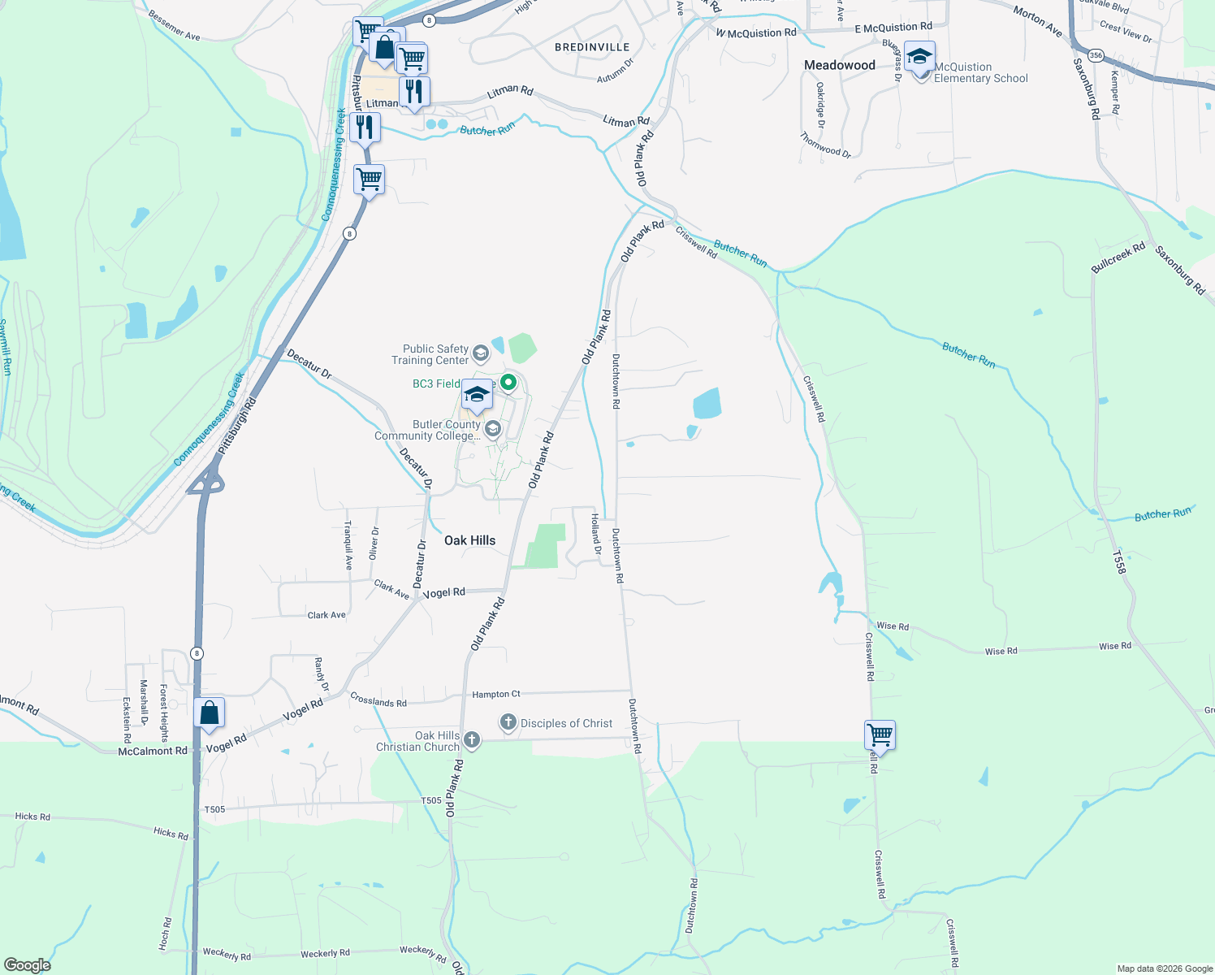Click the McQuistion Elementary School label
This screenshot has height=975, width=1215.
(x=980, y=73)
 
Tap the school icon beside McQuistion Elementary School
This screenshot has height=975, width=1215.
(x=919, y=58)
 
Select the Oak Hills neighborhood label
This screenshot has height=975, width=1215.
(x=469, y=540)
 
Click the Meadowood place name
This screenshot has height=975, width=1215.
(x=840, y=65)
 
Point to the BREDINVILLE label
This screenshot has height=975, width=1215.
(x=592, y=47)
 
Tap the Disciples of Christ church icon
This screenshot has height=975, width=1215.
(x=508, y=722)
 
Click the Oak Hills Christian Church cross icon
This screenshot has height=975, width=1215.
(x=472, y=739)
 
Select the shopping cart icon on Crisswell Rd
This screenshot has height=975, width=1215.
(x=880, y=735)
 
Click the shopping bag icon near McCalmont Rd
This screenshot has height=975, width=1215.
(x=210, y=713)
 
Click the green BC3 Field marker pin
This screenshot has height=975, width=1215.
(x=508, y=382)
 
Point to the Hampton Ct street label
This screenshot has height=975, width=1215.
(x=496, y=694)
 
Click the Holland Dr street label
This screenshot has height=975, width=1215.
(x=596, y=534)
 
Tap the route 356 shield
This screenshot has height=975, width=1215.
(x=1096, y=55)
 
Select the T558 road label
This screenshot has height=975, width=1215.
(x=1119, y=561)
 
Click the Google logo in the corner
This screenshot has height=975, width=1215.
(x=28, y=964)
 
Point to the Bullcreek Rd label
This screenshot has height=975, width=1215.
(x=1118, y=257)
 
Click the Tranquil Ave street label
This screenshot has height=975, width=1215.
(x=348, y=545)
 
